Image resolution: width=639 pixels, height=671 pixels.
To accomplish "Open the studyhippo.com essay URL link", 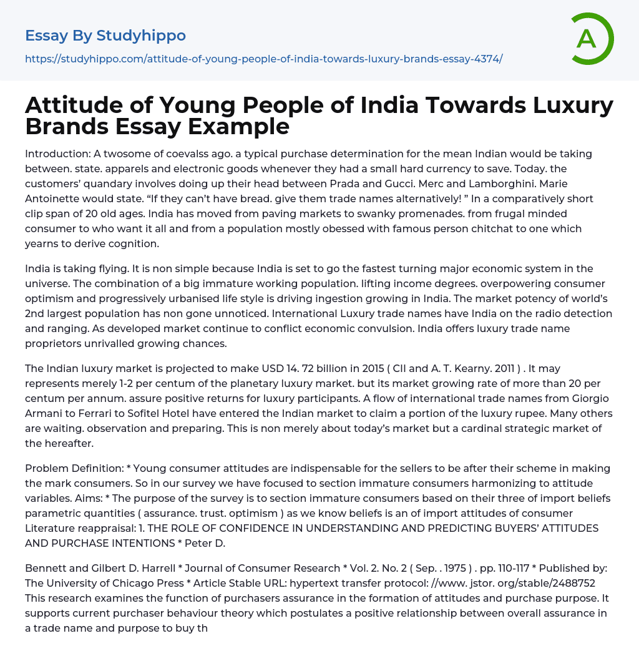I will click(x=263, y=59).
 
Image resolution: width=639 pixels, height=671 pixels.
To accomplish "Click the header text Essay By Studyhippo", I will click(x=105, y=36).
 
